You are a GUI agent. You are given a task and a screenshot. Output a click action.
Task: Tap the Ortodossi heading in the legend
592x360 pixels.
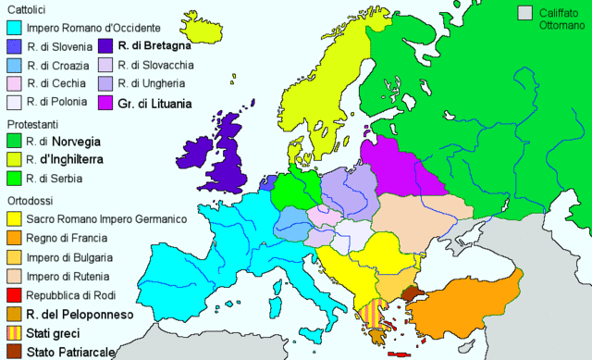click(31, 200)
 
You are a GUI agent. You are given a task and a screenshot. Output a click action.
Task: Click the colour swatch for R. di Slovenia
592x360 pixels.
click(13, 46)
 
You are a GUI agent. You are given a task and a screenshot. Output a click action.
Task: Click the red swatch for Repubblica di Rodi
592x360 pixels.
click(13, 295)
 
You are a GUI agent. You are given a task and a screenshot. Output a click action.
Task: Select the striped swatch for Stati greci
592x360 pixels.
click(13, 333)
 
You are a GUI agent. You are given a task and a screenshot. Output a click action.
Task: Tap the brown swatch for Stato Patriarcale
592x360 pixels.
click(13, 352)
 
